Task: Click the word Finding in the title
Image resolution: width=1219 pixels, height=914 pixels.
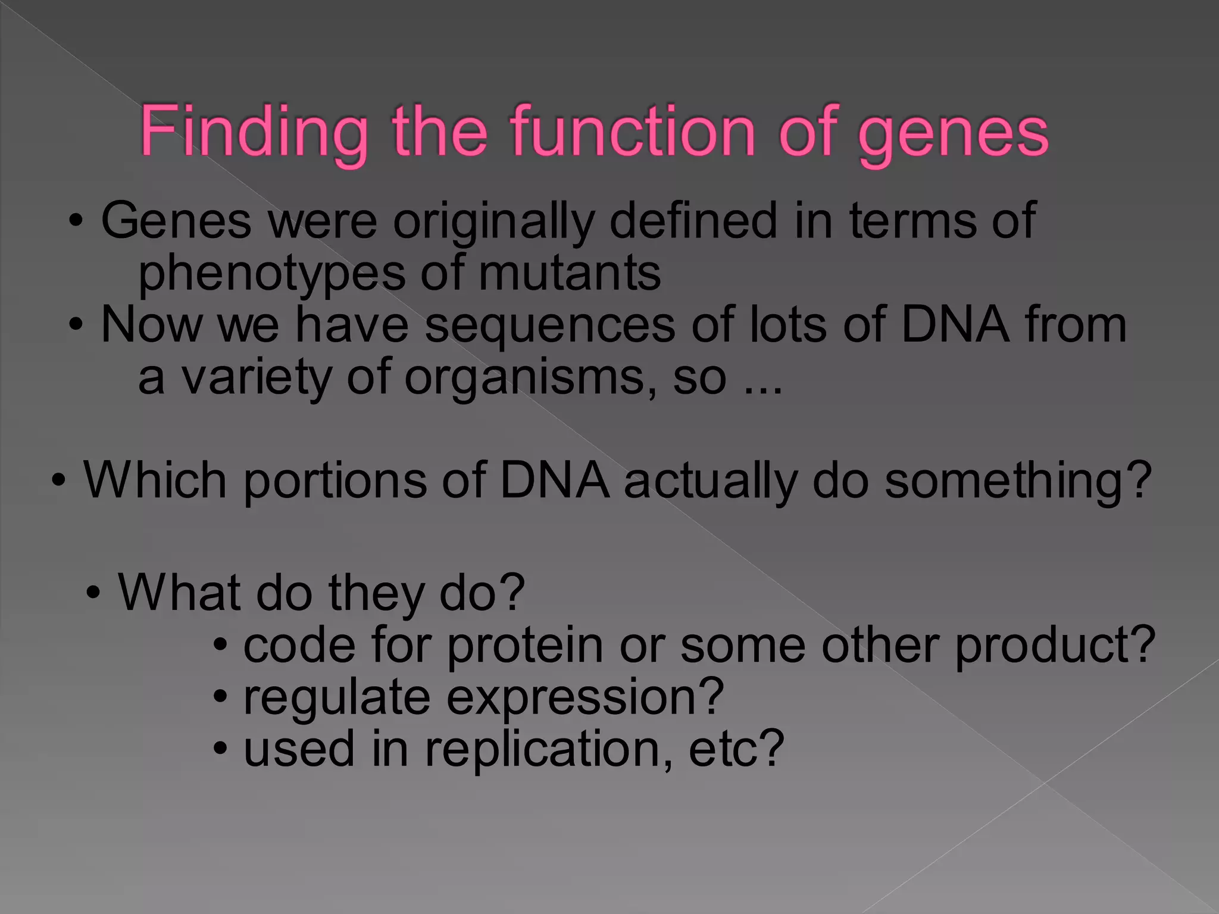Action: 254,132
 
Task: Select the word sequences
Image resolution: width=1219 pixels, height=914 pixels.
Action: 550,326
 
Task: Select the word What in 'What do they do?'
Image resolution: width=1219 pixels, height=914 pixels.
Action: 179,592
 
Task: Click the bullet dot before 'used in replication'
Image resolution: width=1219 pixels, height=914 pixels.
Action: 221,748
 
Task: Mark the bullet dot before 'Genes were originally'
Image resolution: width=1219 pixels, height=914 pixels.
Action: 76,220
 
